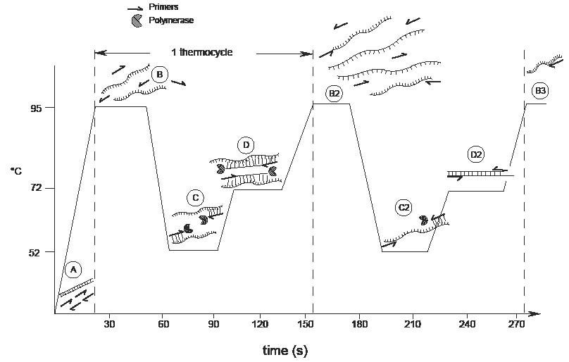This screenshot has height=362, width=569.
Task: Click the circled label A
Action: [74, 270]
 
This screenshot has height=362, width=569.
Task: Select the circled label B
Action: [160, 75]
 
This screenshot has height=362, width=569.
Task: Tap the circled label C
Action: [196, 198]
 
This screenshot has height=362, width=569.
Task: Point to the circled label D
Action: [246, 146]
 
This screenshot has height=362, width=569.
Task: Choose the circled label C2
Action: [404, 208]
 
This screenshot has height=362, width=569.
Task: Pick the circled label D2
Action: [476, 155]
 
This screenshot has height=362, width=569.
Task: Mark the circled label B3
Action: [540, 92]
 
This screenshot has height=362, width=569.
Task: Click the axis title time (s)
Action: [284, 350]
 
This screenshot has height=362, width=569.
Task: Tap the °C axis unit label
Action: [15, 171]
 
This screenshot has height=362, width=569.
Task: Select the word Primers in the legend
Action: [164, 7]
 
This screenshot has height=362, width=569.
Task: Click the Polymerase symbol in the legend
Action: [136, 21]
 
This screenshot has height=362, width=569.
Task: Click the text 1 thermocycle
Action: [202, 53]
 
